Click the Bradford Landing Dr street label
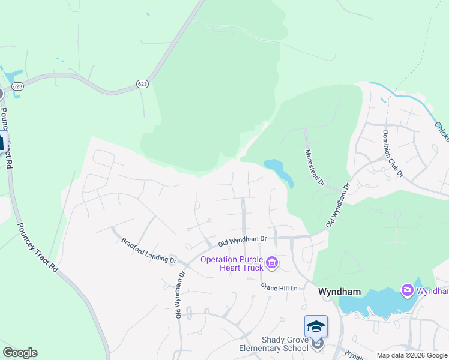[x=149, y=251]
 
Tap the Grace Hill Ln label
[x=279, y=287]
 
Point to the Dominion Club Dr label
[x=393, y=153]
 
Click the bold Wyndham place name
[x=339, y=292]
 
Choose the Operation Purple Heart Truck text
[x=231, y=263]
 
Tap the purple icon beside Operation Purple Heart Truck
[x=271, y=263]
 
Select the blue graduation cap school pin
[x=316, y=327]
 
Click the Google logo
[x=20, y=353]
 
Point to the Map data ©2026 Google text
[x=412, y=355]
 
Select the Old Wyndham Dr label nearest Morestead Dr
[x=337, y=206]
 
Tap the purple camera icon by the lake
[x=408, y=291]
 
